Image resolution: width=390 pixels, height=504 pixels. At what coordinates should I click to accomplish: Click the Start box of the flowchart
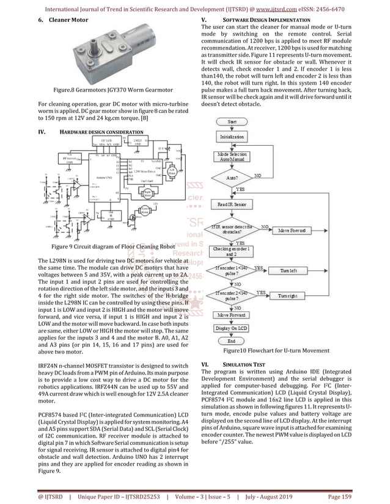[x=232, y=122]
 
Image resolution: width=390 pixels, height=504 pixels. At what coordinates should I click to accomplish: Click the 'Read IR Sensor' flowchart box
[x=232, y=204]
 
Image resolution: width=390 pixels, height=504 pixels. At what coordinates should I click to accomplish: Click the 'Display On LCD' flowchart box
[x=232, y=328]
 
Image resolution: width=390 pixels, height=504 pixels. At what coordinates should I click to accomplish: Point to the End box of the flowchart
[x=232, y=341]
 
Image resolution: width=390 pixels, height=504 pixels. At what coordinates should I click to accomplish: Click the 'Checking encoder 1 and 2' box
[x=232, y=250]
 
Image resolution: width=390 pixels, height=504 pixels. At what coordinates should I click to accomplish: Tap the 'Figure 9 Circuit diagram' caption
[x=104, y=247]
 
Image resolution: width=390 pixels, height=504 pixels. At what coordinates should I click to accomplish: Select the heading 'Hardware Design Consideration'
[x=101, y=132]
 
